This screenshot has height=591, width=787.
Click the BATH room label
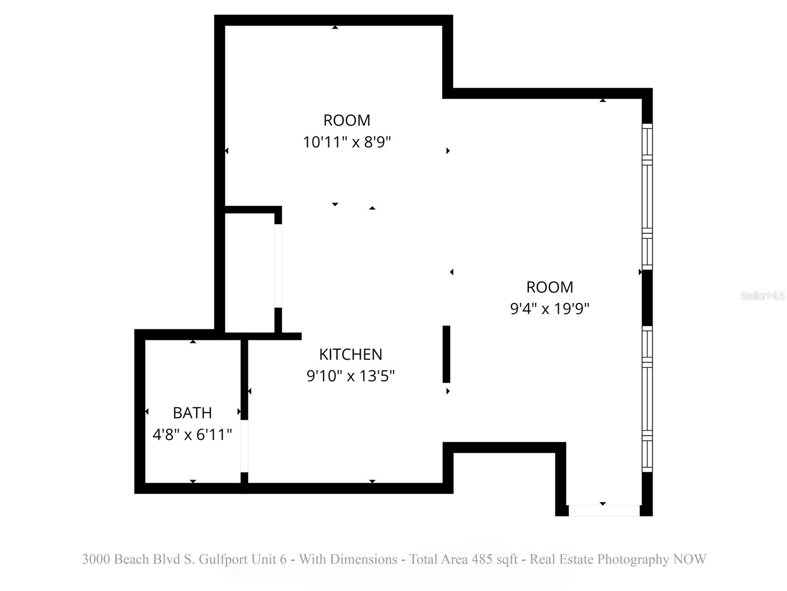[x=192, y=413]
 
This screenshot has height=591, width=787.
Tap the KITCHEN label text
[x=350, y=355]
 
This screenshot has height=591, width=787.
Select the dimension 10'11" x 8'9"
[x=347, y=142]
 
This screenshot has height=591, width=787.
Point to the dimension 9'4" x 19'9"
[x=549, y=309]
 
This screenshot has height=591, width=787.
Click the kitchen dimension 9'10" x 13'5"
[x=350, y=376]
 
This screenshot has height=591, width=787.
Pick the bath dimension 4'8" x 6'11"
[x=192, y=435]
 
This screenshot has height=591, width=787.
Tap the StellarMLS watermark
[x=762, y=296]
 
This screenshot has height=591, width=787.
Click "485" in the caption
[x=482, y=559]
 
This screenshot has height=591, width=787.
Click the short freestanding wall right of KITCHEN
[x=446, y=354]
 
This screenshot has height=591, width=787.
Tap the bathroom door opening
[x=244, y=446]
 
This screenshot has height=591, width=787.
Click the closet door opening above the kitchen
[x=278, y=266]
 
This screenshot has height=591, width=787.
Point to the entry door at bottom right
[x=604, y=511]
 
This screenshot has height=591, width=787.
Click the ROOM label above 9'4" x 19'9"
[x=549, y=287]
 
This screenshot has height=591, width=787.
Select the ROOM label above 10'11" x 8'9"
[x=347, y=120]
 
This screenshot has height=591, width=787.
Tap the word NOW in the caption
[x=690, y=559]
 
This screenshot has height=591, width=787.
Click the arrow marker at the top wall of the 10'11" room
[x=335, y=27]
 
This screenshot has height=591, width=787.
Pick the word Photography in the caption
[x=633, y=559]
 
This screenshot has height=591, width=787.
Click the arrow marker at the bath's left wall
[x=147, y=412]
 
